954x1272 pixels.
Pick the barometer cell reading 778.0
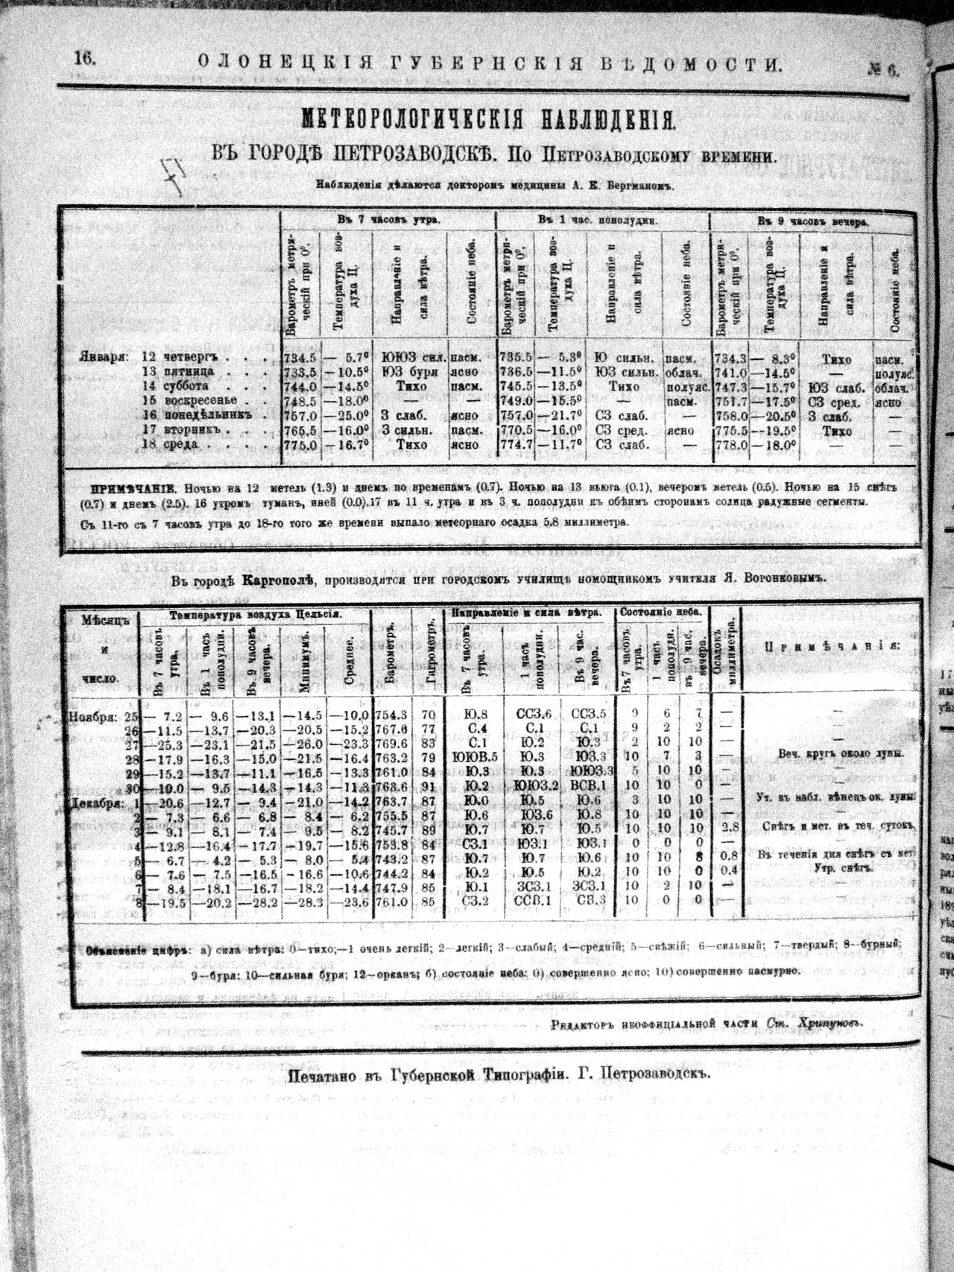[x=731, y=444]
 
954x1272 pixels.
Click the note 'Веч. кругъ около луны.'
[x=840, y=753]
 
